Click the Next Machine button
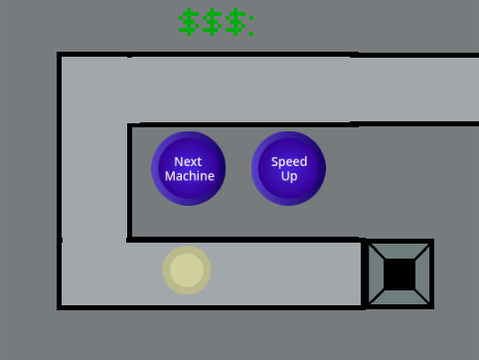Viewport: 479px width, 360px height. tap(188, 168)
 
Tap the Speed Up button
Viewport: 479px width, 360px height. tap(289, 168)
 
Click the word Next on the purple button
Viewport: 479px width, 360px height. tap(188, 162)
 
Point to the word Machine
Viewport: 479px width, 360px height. tap(190, 176)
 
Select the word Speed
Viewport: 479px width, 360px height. tap(289, 162)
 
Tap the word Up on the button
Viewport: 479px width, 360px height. tap(289, 176)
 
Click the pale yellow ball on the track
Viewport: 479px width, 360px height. tap(187, 270)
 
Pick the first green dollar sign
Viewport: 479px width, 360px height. tap(189, 22)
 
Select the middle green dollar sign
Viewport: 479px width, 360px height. tap(212, 22)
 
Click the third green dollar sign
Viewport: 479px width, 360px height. tap(236, 22)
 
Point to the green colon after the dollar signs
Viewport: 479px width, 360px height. tap(251, 25)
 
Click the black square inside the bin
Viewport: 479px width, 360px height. tap(399, 274)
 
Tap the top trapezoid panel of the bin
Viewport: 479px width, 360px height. tap(399, 251)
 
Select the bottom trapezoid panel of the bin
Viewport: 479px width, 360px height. tap(399, 297)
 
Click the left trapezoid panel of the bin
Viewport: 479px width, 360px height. tap(377, 274)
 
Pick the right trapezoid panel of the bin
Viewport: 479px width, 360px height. tap(423, 274)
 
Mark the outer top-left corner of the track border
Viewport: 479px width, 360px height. tap(57, 52)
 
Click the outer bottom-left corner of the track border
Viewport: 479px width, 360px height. tap(57, 310)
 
